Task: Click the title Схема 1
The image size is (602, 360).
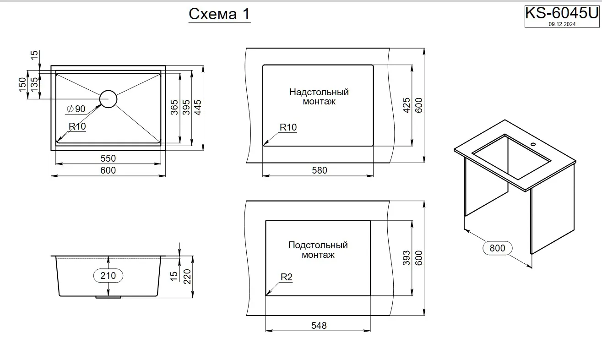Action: (219, 14)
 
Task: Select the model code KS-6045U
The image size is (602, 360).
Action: (561, 13)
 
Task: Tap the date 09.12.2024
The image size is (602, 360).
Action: (562, 25)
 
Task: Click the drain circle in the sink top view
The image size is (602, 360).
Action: (108, 99)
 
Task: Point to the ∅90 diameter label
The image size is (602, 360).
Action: (76, 109)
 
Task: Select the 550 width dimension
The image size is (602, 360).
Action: (108, 158)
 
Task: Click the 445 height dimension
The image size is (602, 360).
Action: (198, 107)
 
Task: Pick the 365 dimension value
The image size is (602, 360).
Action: (174, 107)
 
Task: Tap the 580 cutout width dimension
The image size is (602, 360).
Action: (319, 170)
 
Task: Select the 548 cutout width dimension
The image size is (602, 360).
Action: (319, 326)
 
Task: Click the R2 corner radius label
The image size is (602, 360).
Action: (286, 277)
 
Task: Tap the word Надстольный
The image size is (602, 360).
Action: (319, 92)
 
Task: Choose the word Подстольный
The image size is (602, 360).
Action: (318, 245)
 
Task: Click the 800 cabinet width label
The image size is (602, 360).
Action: (497, 248)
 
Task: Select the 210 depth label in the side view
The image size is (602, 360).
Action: (108, 276)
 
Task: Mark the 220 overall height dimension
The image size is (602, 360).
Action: (187, 276)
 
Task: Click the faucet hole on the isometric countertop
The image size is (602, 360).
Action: (533, 145)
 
